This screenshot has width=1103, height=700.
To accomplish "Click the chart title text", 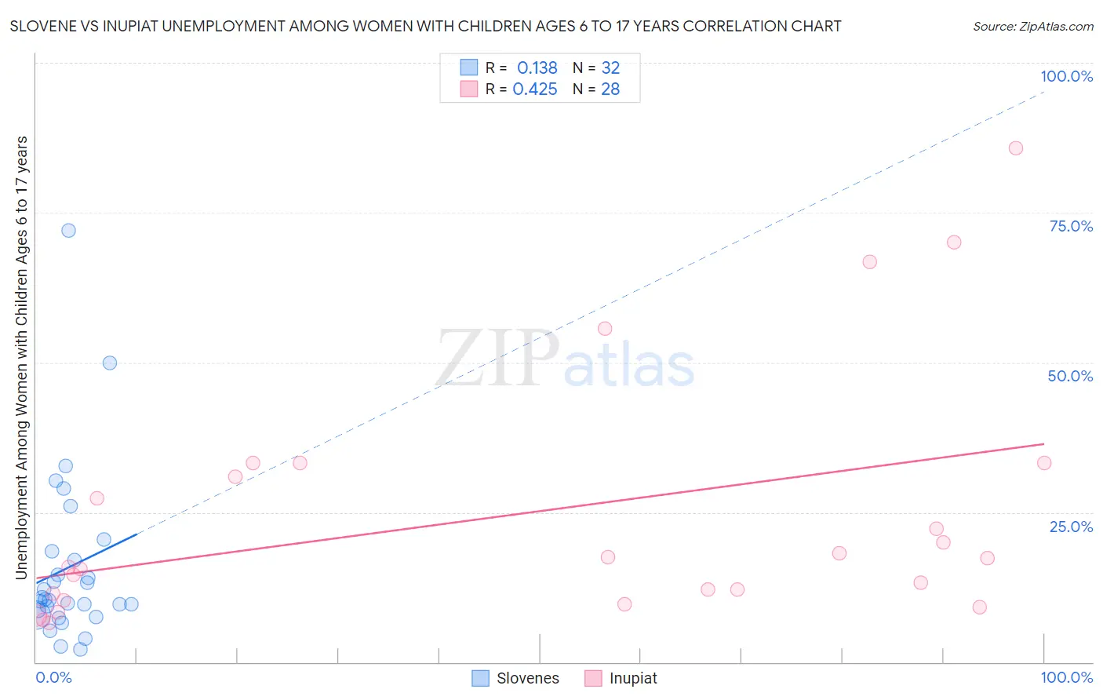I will tap(425, 26).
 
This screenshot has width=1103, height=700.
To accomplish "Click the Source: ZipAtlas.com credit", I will tap(1032, 26).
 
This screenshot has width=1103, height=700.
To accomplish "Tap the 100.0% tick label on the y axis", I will tap(1066, 76).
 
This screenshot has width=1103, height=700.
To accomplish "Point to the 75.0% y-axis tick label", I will tap(1071, 226).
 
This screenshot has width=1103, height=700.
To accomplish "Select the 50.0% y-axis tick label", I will tap(1070, 376).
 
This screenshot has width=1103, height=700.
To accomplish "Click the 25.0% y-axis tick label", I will tap(1071, 526).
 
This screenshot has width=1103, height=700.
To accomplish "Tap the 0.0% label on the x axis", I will tap(53, 677).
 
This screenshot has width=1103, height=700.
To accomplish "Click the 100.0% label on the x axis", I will tap(1066, 677).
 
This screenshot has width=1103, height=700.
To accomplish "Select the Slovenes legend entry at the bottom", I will tap(516, 678).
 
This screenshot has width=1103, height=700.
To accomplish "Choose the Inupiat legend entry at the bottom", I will tap(621, 678).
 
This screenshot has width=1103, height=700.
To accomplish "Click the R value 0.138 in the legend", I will tap(537, 68).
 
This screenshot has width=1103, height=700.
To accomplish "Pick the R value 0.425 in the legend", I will tap(535, 89).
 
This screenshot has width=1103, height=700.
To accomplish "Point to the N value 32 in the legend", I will tap(610, 68).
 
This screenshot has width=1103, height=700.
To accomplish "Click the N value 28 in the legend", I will tap(610, 89).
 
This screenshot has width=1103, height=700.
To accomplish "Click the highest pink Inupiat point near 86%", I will tap(1015, 148).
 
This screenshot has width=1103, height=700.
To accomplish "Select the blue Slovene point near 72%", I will tap(68, 230).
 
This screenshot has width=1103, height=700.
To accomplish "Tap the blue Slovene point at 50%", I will tap(110, 363).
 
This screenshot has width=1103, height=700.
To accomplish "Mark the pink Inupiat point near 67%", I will tap(869, 262).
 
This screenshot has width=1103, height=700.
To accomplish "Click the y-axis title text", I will tap(21, 358).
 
